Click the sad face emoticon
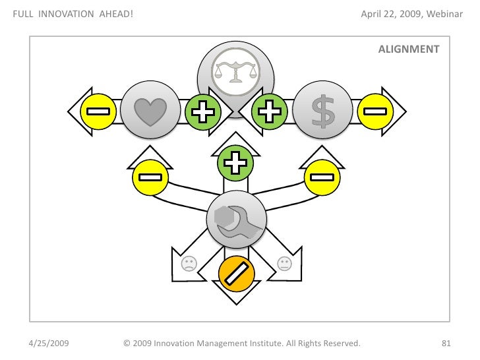(x=189, y=264)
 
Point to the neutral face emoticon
(x=284, y=264)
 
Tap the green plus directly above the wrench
(x=235, y=164)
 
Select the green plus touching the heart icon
(x=202, y=112)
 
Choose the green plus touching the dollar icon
(x=269, y=112)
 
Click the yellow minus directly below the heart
(x=150, y=177)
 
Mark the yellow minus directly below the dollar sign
(x=321, y=177)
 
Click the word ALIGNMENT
(x=409, y=49)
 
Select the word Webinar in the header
(x=446, y=15)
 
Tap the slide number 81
(x=445, y=344)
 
